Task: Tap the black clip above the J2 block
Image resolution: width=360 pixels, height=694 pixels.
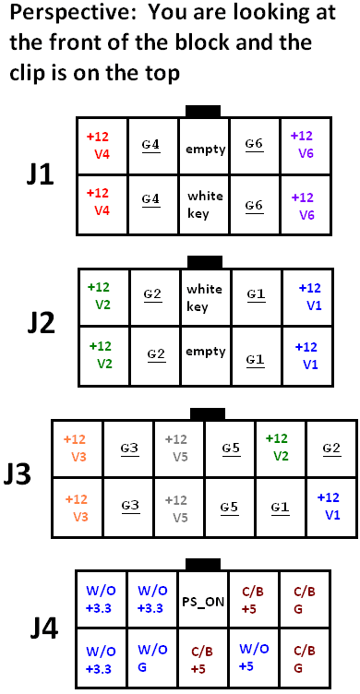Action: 204,261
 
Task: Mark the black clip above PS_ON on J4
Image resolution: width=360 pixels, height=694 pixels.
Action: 204,565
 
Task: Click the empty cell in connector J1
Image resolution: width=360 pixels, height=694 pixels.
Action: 205,148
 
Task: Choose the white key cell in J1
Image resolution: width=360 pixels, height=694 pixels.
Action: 205,205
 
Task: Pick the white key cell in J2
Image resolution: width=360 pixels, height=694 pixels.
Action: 205,297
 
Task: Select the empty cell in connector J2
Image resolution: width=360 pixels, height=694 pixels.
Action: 205,352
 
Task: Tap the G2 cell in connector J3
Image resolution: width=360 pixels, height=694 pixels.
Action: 330,449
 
